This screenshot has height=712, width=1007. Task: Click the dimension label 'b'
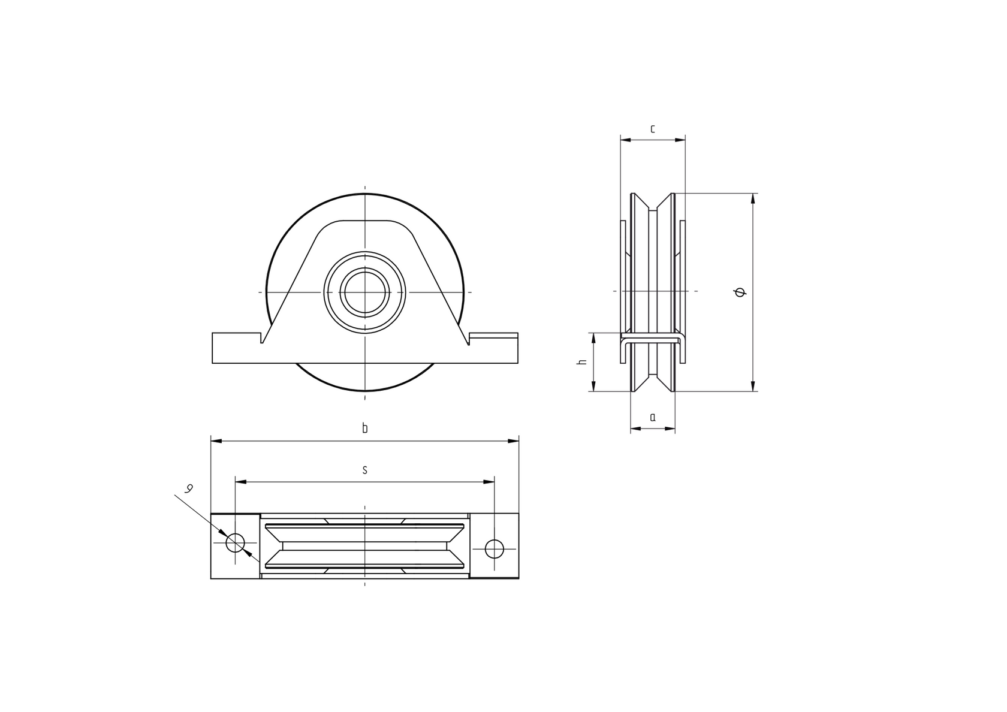pyautogui.click(x=364, y=428)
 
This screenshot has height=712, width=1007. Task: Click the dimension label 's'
pyautogui.click(x=364, y=470)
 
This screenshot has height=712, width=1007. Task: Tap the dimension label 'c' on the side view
pyautogui.click(x=652, y=128)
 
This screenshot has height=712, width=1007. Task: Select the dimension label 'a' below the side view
pyautogui.click(x=652, y=417)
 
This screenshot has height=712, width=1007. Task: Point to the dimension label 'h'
pyautogui.click(x=580, y=363)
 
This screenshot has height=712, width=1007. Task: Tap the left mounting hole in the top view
pyautogui.click(x=235, y=543)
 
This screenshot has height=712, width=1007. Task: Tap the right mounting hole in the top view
pyautogui.click(x=494, y=548)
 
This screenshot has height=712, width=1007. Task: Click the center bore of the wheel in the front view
pyautogui.click(x=364, y=292)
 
